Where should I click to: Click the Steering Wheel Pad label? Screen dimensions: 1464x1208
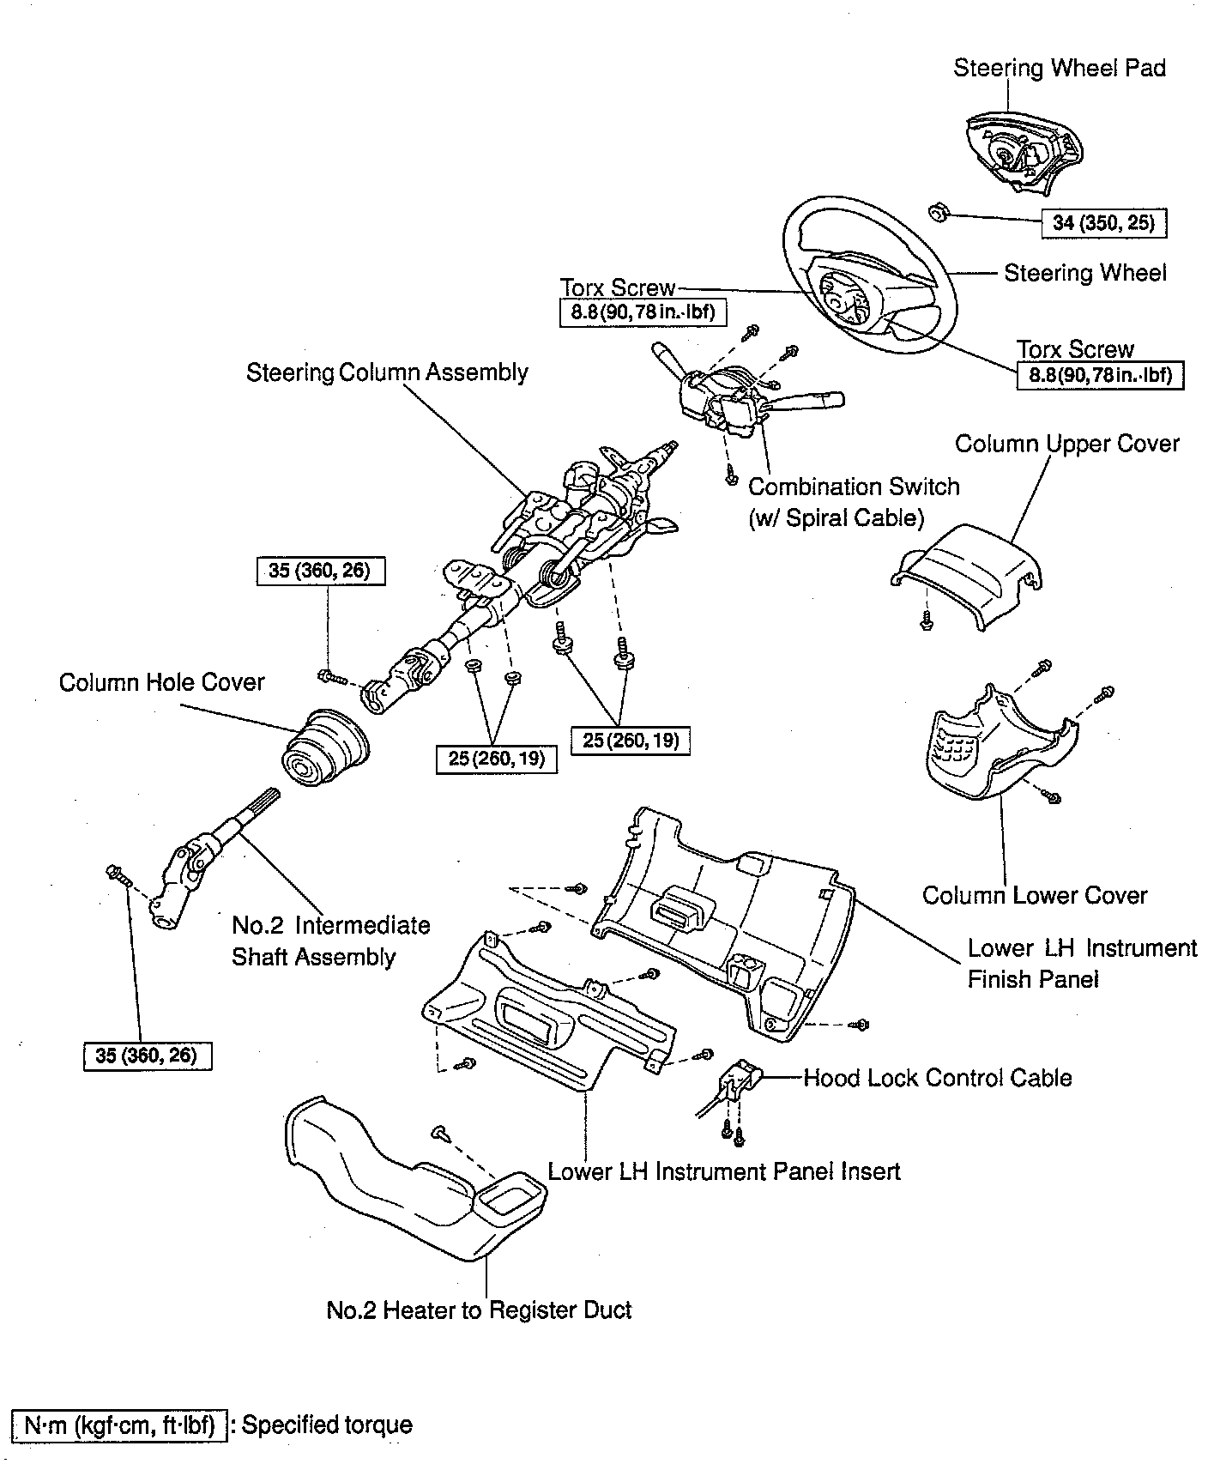tap(1059, 68)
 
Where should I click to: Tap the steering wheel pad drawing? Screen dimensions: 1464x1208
tap(1022, 155)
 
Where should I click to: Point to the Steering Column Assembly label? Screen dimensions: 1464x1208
tap(387, 372)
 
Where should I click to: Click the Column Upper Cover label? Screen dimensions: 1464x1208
tap(1066, 444)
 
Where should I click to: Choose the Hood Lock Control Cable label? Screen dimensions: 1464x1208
tap(937, 1078)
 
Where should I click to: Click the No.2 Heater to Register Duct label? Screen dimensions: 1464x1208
tap(479, 1310)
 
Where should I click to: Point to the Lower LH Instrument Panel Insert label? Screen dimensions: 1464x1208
tap(723, 1171)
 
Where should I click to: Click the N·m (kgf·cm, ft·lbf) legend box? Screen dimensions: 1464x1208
tap(119, 1425)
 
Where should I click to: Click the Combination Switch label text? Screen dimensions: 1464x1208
tap(854, 487)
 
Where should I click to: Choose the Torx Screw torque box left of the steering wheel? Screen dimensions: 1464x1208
tap(643, 312)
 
